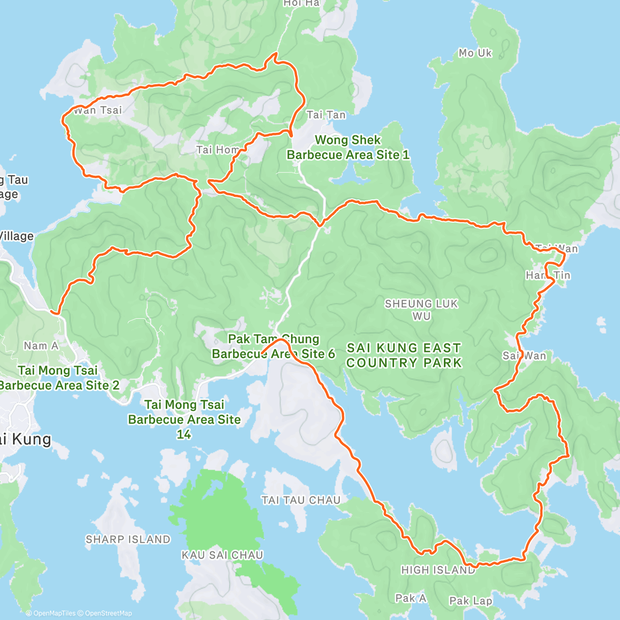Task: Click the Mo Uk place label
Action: pyautogui.click(x=475, y=53)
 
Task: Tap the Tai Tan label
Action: pyautogui.click(x=326, y=115)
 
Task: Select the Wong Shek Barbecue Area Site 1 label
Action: pyautogui.click(x=348, y=147)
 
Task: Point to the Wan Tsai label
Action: pyautogui.click(x=98, y=110)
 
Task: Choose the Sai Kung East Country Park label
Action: pyautogui.click(x=404, y=355)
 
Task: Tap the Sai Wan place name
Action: pyautogui.click(x=524, y=355)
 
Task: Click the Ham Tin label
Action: pyautogui.click(x=548, y=275)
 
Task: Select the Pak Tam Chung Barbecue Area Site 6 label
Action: pyautogui.click(x=273, y=346)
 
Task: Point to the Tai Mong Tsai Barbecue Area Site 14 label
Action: pyautogui.click(x=184, y=419)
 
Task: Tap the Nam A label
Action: pyautogui.click(x=41, y=346)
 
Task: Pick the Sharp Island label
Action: pyautogui.click(x=128, y=539)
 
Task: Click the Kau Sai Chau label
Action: pyautogui.click(x=222, y=555)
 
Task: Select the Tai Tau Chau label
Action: pyautogui.click(x=301, y=500)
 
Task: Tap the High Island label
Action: pyautogui.click(x=438, y=570)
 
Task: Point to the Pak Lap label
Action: pyautogui.click(x=470, y=601)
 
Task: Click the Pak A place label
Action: pyautogui.click(x=411, y=598)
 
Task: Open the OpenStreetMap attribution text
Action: pyautogui.click(x=109, y=613)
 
